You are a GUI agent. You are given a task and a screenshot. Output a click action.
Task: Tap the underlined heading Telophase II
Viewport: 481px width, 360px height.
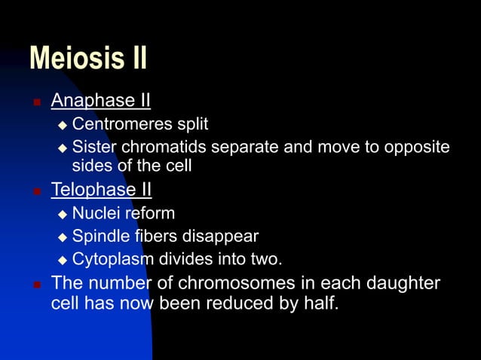[x=101, y=189]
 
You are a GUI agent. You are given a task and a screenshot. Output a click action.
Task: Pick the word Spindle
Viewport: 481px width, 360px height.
[x=99, y=237]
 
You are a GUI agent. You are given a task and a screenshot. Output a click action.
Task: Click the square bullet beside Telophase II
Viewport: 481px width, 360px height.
[x=35, y=191]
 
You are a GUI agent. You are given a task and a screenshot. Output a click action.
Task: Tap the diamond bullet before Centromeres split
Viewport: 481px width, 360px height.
[x=63, y=124]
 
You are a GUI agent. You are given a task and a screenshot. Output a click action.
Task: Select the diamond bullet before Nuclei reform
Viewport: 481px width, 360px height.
[x=63, y=215]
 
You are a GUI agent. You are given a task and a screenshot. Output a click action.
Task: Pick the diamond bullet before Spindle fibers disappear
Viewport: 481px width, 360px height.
[x=63, y=238]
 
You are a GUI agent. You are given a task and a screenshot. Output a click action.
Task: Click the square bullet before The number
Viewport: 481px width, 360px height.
[x=35, y=285]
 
